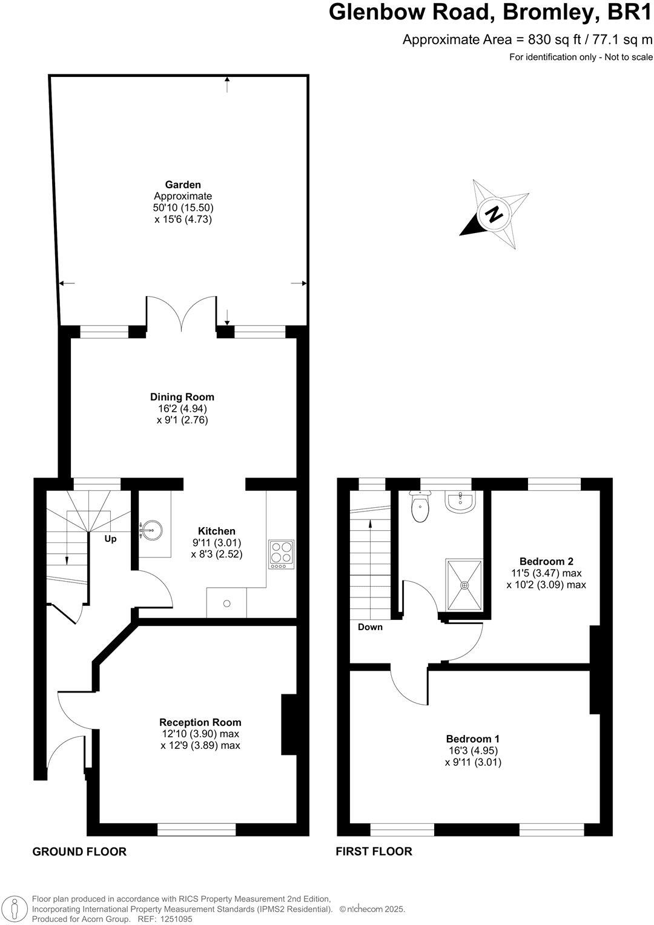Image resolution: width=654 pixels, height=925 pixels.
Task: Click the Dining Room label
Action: coord(182,397)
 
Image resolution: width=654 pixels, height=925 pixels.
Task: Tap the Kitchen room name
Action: coord(217,531)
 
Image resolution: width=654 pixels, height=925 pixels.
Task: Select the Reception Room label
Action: coord(200,722)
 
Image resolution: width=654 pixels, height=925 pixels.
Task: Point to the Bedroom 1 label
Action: coord(473,739)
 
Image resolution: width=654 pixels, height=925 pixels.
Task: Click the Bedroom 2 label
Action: coord(546,561)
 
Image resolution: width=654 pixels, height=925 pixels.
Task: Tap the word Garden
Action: coord(183,185)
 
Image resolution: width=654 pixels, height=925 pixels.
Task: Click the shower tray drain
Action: coord(465,585)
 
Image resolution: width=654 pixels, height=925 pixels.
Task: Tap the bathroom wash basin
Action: coord(460,501)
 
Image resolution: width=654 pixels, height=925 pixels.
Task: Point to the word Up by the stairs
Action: coord(110,539)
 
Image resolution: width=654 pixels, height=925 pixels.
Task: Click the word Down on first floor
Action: coord(370,627)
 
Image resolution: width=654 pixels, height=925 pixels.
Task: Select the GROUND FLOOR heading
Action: coord(79,852)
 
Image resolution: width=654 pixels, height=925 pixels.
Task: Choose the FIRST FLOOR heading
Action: coord(374,852)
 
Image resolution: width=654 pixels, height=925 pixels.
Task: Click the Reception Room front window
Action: coord(197,829)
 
